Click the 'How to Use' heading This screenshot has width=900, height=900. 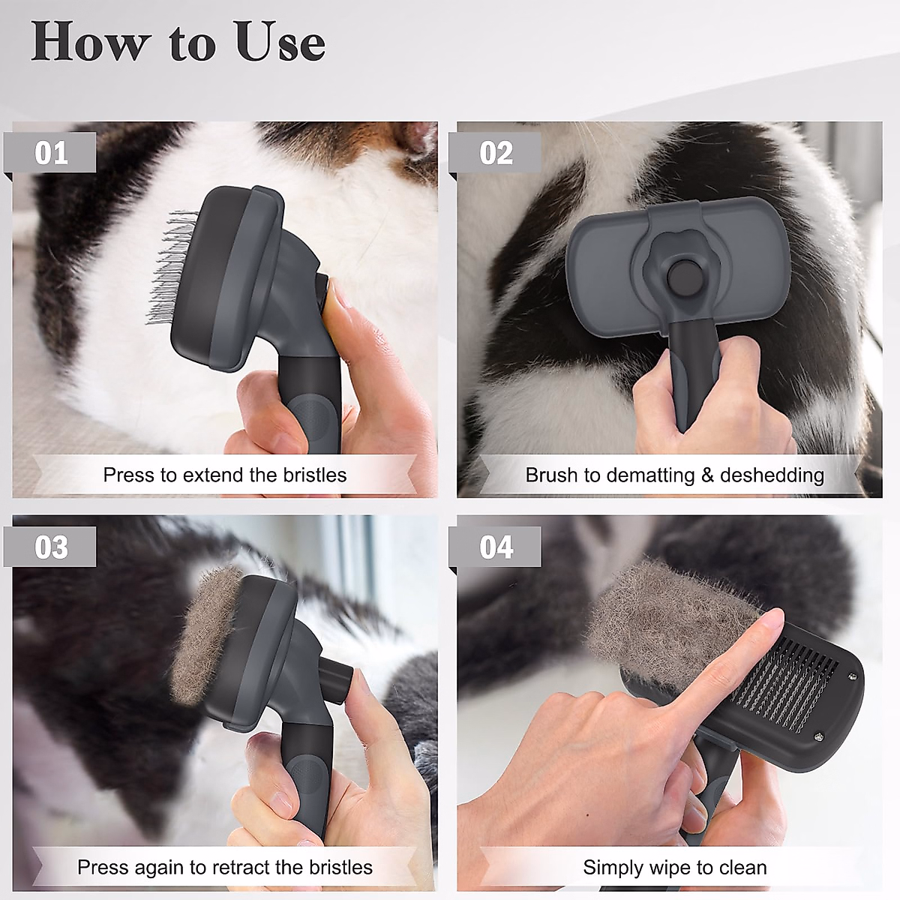[178, 43]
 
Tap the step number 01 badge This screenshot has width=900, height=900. [51, 153]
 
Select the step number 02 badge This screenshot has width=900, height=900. [496, 153]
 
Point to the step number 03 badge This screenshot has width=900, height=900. [51, 547]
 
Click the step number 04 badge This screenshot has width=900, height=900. [496, 547]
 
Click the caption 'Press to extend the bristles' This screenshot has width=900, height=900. [224, 475]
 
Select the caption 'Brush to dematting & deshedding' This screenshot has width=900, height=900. [673, 475]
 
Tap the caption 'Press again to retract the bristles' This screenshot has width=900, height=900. [224, 867]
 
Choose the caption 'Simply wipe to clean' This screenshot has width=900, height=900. [673, 867]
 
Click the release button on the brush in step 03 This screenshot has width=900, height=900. [337, 675]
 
